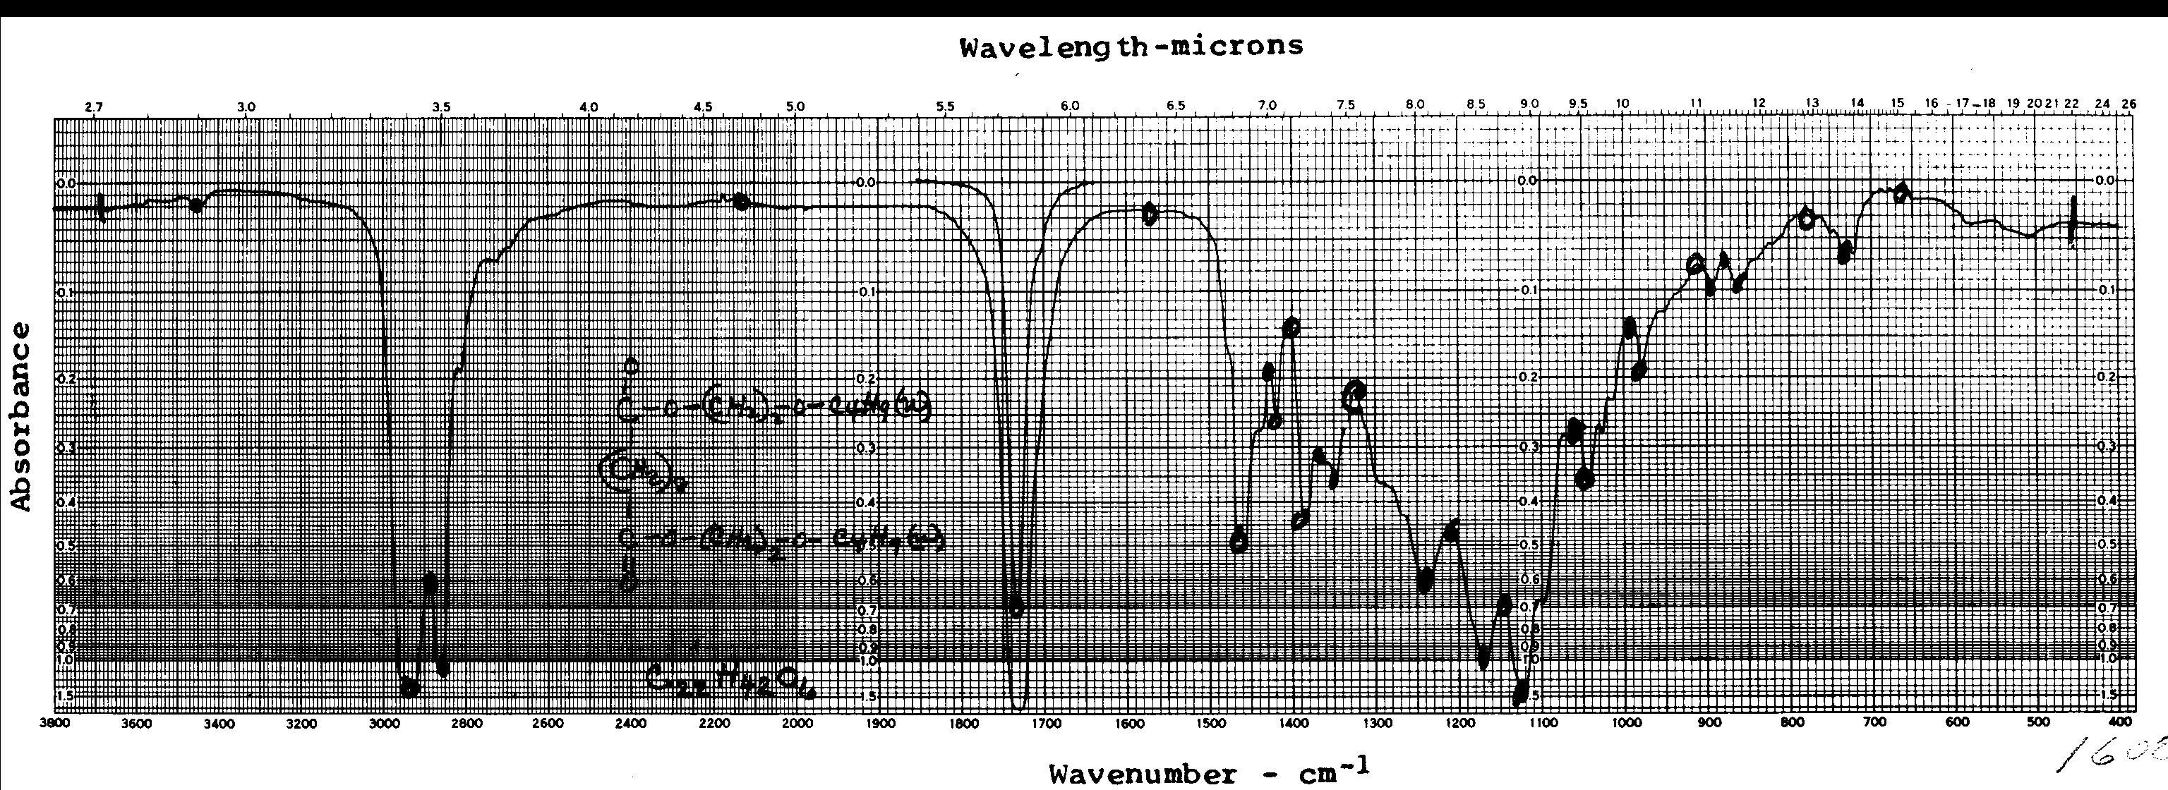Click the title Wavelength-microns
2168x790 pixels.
[x=1131, y=47]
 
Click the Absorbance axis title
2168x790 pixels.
[x=21, y=415]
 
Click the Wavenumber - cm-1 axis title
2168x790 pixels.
[x=1208, y=772]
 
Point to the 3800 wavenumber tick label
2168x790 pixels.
[x=56, y=722]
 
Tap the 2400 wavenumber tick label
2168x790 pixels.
[x=630, y=722]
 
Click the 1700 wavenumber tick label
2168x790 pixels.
[x=1045, y=722]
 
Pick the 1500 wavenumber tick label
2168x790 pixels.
[x=1210, y=722]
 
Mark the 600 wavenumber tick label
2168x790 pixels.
[x=1957, y=722]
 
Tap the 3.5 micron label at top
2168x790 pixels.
[x=441, y=107]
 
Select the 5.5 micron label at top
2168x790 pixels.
[x=945, y=107]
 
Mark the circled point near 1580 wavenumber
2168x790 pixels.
[x=1150, y=214]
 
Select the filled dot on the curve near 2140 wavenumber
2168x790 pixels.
[x=740, y=202]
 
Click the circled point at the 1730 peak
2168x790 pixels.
[x=1017, y=607]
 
